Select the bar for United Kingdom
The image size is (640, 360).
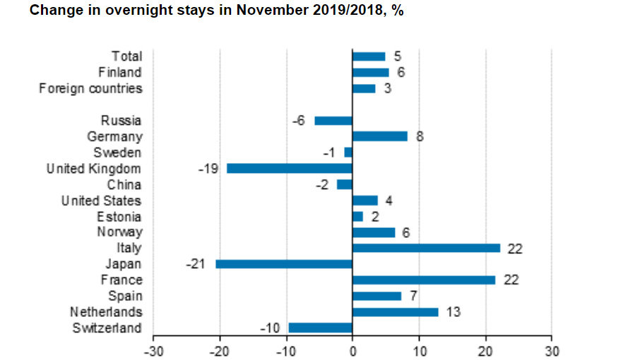(290, 169)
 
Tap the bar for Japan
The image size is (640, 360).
(284, 264)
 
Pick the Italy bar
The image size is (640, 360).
(426, 248)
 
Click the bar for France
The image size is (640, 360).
(424, 280)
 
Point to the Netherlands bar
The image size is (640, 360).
(395, 312)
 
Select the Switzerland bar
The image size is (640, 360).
(320, 328)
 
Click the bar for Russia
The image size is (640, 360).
(333, 121)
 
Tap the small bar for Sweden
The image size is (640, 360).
(348, 152)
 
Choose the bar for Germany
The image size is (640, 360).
(380, 136)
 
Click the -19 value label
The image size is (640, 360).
(210, 169)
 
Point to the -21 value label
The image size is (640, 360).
(197, 264)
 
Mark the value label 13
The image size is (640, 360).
(454, 312)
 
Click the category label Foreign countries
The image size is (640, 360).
(90, 89)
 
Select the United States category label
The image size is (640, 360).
(101, 200)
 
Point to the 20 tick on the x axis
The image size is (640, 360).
(485, 351)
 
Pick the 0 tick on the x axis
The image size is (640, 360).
(352, 351)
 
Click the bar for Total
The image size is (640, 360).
(369, 56)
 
